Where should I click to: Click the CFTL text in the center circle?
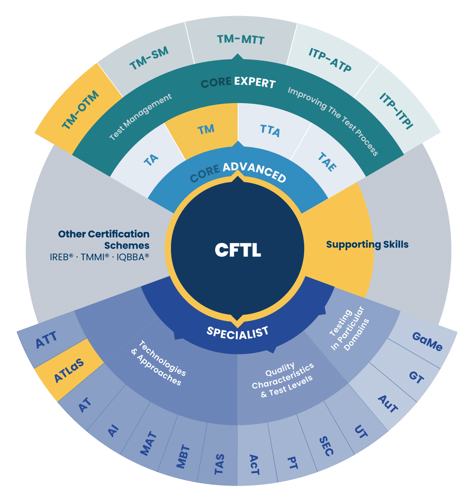coord(238,250)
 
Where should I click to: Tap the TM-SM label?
coord(149,58)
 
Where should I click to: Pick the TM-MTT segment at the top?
coord(240,39)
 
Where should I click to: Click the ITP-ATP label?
coord(330,60)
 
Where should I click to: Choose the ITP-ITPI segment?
coord(396,111)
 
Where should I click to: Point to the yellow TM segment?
coord(206,130)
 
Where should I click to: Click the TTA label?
coord(270,131)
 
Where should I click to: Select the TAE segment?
coord(327,162)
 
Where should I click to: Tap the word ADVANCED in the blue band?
coord(254,172)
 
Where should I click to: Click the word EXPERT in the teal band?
coord(255,82)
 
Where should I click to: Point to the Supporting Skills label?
coord(367,245)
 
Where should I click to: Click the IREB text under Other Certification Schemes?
coord(61,257)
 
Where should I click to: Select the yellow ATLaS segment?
coord(69,370)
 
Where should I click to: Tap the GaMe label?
coord(427,342)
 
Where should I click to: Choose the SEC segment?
coord(326,446)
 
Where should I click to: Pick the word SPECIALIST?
coord(237,333)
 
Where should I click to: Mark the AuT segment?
coord(387,404)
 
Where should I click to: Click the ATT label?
coord(46,340)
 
